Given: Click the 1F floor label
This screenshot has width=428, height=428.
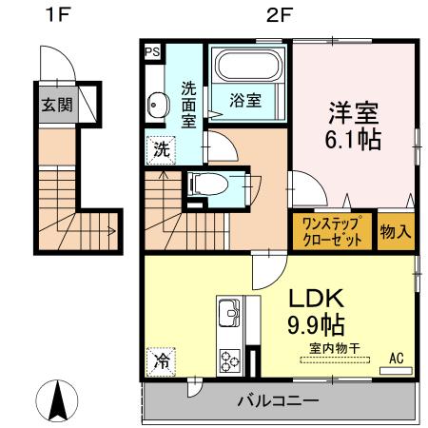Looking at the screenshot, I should [x=55, y=16].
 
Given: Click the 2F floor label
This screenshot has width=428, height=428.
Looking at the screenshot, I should [x=275, y=16].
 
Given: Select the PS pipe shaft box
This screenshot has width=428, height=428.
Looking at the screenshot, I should [x=152, y=53].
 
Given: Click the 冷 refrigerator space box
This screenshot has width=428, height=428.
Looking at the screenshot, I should [x=162, y=361].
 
